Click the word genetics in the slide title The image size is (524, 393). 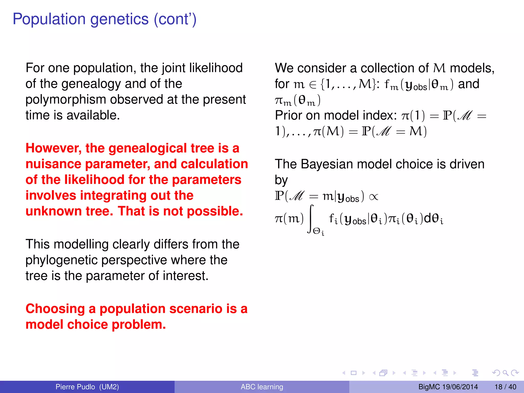pyautogui.click(x=119, y=19)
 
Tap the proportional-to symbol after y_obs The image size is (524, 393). pyautogui.click(x=374, y=197)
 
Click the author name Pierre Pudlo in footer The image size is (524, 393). pyautogui.click(x=75, y=387)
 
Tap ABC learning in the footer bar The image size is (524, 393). pyautogui.click(x=262, y=387)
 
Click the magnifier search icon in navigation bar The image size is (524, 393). pyautogui.click(x=505, y=373)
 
